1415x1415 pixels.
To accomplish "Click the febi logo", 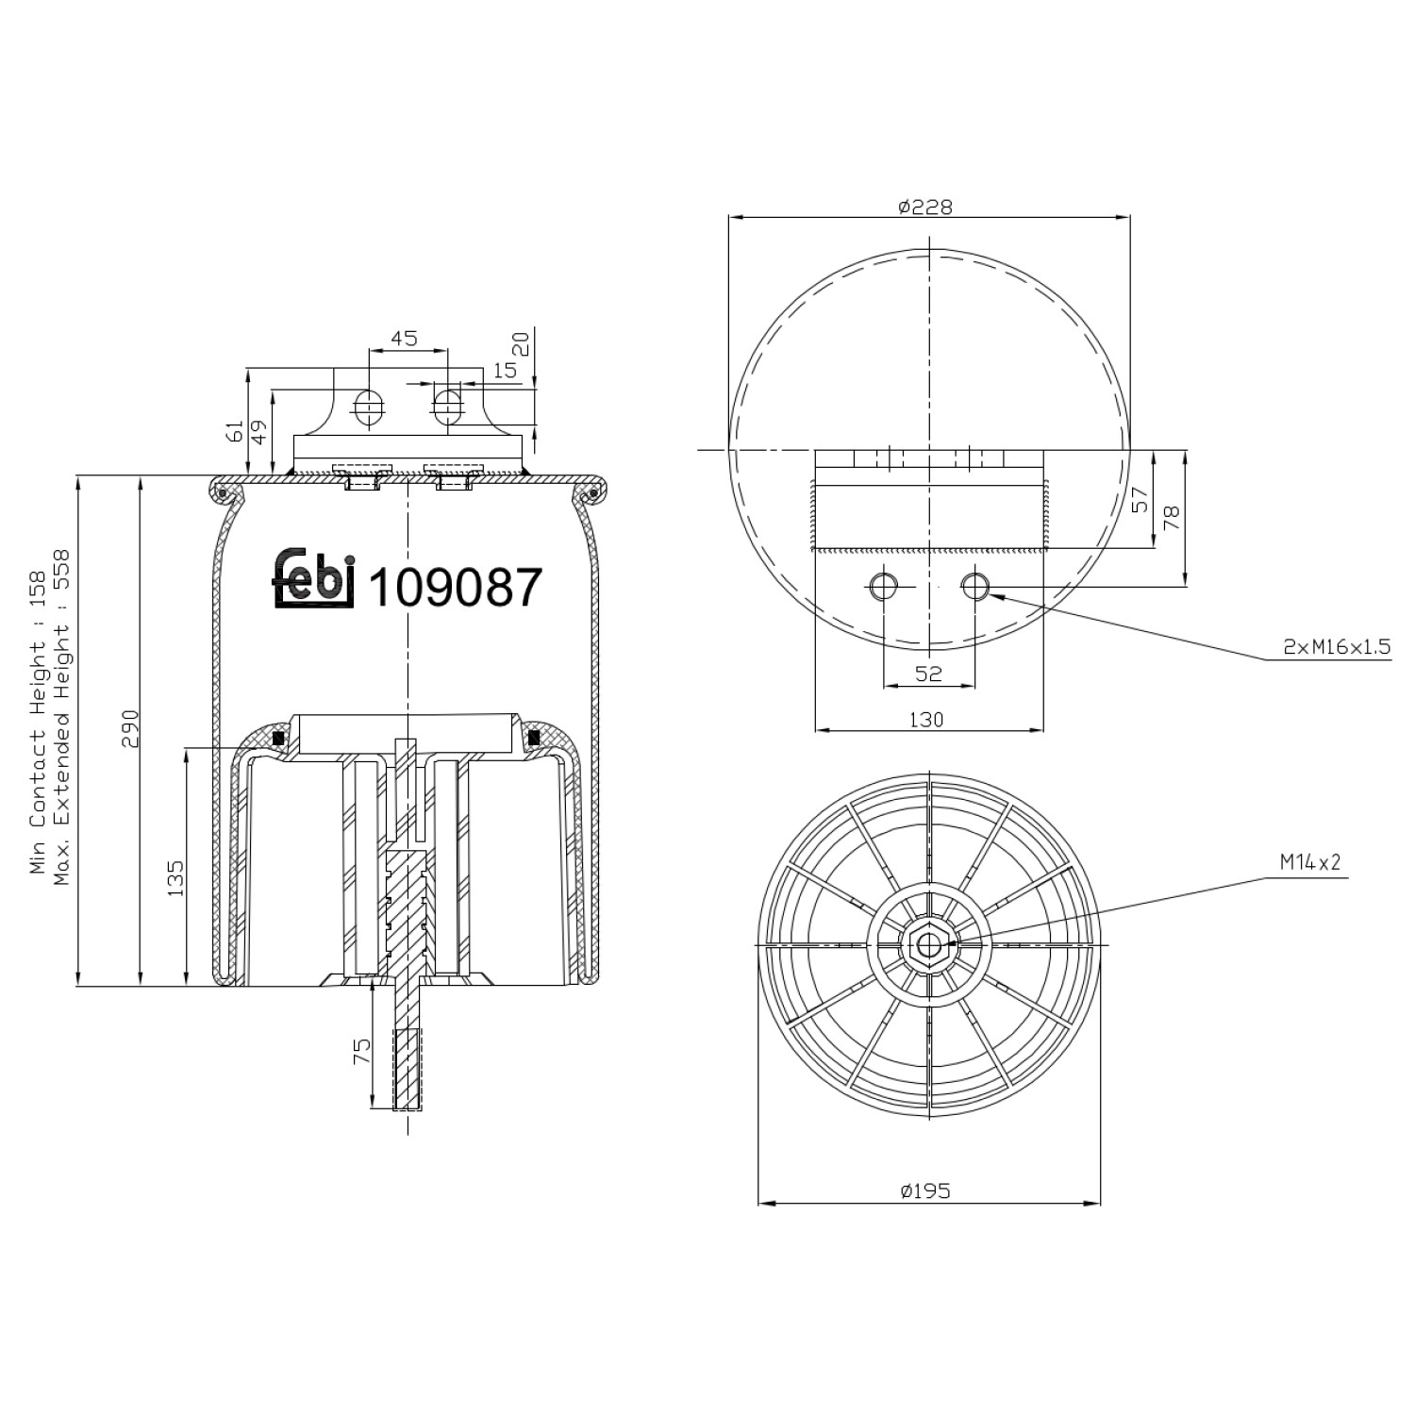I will coord(314,578).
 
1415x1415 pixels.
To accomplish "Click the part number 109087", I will coord(456,589).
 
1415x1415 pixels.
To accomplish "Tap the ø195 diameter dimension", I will coord(925,1191).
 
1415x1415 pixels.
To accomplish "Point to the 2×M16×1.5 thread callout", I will coord(1336,646).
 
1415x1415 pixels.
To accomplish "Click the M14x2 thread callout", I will coord(1309,861).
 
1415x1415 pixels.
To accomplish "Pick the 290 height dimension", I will coord(130,728).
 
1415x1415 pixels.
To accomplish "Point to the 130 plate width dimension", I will coord(926,720).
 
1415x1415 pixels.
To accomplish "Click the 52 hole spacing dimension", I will coord(928,674).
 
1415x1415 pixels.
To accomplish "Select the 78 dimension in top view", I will coord(1172,518).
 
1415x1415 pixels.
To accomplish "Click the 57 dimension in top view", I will coord(1140,500).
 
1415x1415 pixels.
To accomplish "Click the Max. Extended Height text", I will coord(63,717).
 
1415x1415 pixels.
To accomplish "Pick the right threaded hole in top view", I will coord(974,587).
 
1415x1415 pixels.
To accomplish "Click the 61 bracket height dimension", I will coord(235,431).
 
